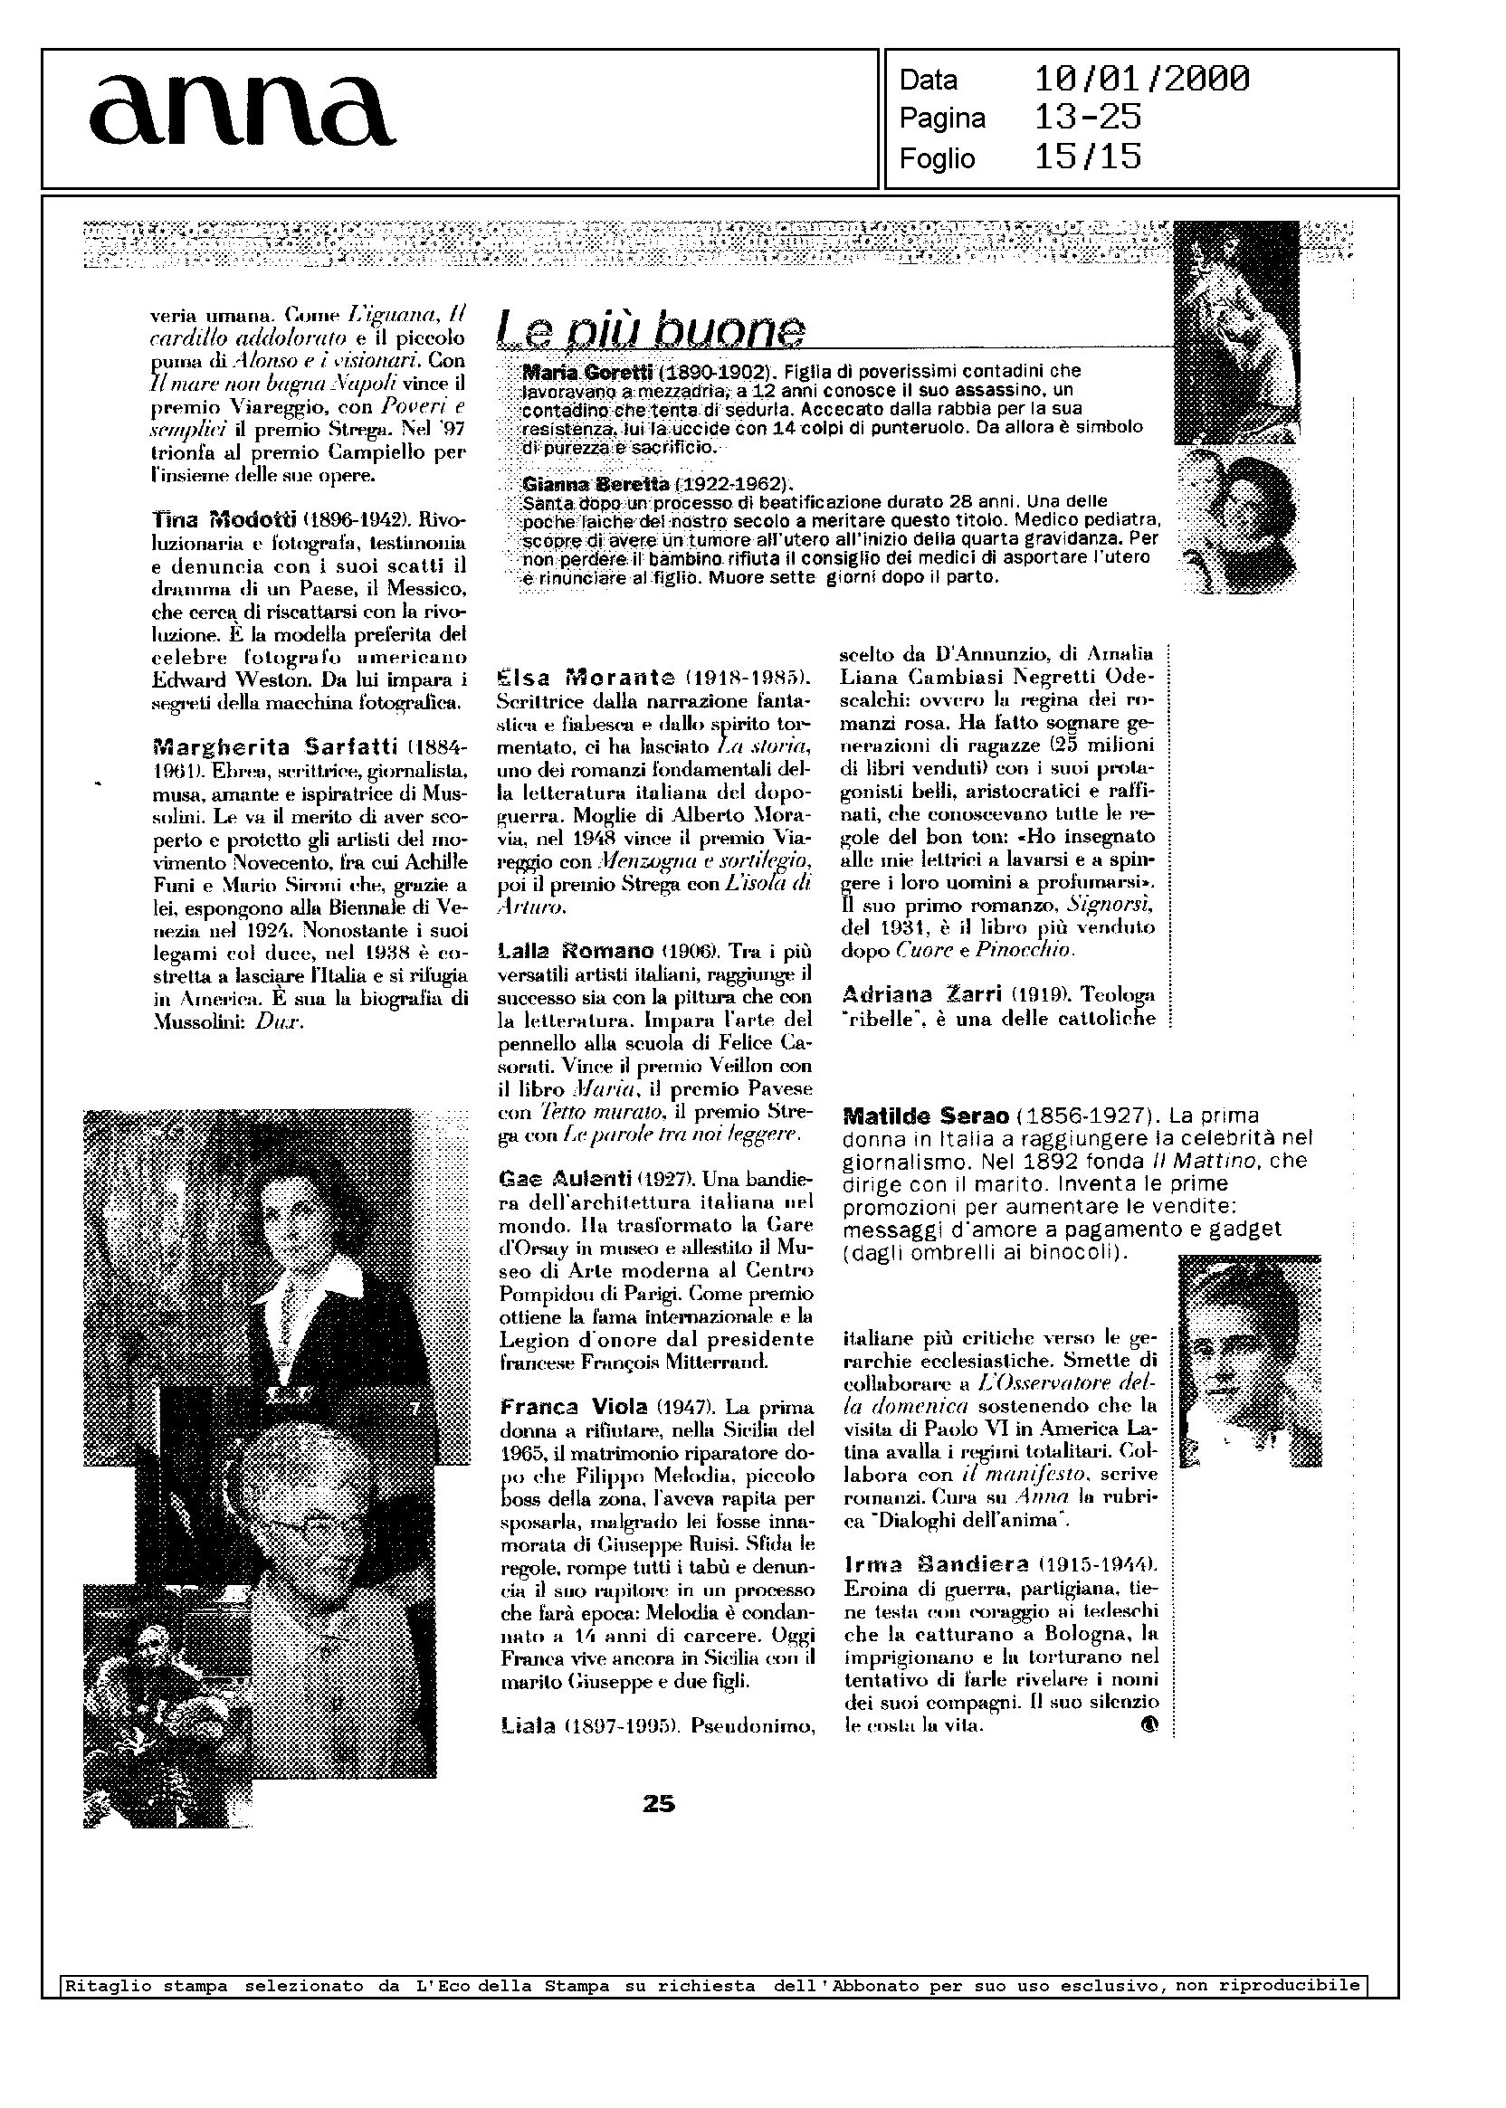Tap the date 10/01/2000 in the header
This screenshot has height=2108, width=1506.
tap(1141, 80)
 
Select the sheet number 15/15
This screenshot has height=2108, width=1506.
tap(1087, 157)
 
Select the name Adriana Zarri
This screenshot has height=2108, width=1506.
tap(920, 994)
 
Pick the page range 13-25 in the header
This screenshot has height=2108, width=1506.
tap(1087, 119)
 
